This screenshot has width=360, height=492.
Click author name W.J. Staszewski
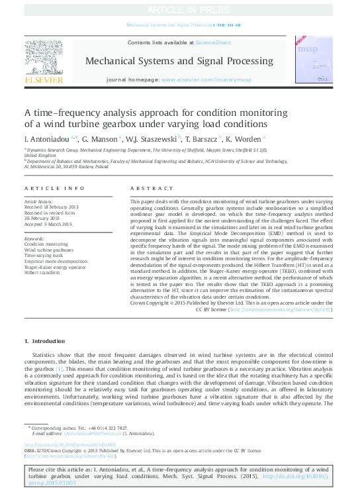pyautogui.click(x=150, y=139)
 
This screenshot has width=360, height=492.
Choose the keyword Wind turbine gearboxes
pyautogui.click(x=49, y=250)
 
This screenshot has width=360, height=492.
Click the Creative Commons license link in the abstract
pyautogui.click(x=280, y=309)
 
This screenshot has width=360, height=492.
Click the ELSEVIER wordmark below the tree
pyautogui.click(x=44, y=79)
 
